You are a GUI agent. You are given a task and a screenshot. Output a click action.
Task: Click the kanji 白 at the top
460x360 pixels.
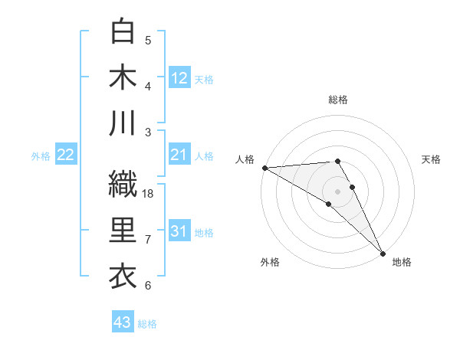[123, 31]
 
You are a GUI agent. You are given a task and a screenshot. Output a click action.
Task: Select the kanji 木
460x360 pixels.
[123, 77]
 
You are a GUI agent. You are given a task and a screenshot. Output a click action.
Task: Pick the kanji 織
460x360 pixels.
[123, 184]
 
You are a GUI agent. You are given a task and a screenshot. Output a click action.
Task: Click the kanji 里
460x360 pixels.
[123, 231]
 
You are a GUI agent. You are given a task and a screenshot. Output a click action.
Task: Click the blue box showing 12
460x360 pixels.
[179, 77]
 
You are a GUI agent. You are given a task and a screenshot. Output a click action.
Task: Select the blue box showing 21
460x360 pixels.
[179, 155]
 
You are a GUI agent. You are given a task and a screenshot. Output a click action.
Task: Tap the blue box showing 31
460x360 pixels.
[179, 231]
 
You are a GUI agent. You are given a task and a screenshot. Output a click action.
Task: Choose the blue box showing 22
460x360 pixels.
[66, 155]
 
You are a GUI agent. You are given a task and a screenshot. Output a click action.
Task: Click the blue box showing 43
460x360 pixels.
[123, 322]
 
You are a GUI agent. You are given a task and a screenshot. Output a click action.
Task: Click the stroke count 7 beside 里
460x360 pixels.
[148, 240]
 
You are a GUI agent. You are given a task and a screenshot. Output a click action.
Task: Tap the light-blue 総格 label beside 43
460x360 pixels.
[148, 324]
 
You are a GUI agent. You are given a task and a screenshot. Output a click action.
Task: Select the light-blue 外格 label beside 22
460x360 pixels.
[41, 156]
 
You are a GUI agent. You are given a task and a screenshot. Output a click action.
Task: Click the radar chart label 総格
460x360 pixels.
[338, 100]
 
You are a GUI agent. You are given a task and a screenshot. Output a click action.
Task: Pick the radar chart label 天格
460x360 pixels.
[432, 159]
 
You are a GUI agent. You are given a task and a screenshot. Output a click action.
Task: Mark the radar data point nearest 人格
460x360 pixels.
[264, 168]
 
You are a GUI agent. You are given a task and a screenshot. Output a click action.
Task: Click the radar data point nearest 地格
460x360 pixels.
[383, 252]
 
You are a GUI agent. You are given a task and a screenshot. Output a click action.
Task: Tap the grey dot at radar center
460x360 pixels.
[337, 191]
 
